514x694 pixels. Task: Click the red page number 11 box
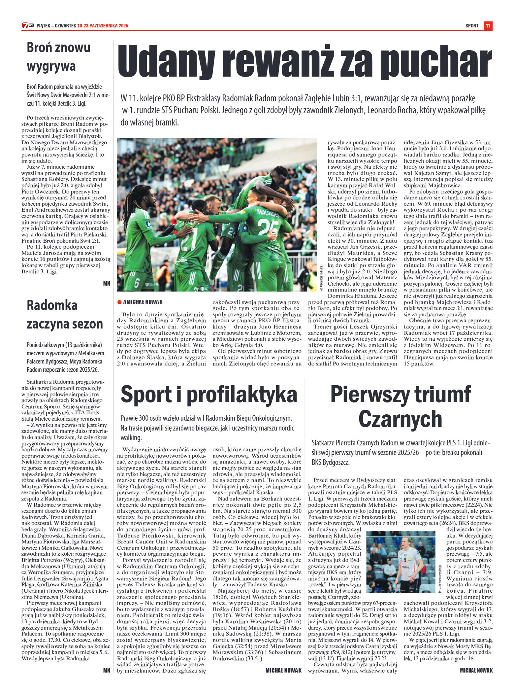click(x=488, y=26)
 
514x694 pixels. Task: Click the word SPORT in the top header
click(x=472, y=26)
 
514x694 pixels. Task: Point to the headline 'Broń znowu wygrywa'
click(x=58, y=57)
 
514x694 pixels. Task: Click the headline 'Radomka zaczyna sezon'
click(x=65, y=314)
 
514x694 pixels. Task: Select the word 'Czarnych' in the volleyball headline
click(x=400, y=419)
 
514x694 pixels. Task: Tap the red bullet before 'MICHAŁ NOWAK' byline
click(x=119, y=302)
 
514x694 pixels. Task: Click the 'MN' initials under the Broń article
click(x=107, y=283)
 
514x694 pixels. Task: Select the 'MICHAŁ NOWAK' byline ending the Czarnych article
click(x=476, y=670)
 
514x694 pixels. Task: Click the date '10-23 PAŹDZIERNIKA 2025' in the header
click(x=103, y=26)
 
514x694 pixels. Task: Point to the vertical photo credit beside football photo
click(x=320, y=278)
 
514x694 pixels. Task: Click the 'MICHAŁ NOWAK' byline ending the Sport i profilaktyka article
click(x=283, y=670)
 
